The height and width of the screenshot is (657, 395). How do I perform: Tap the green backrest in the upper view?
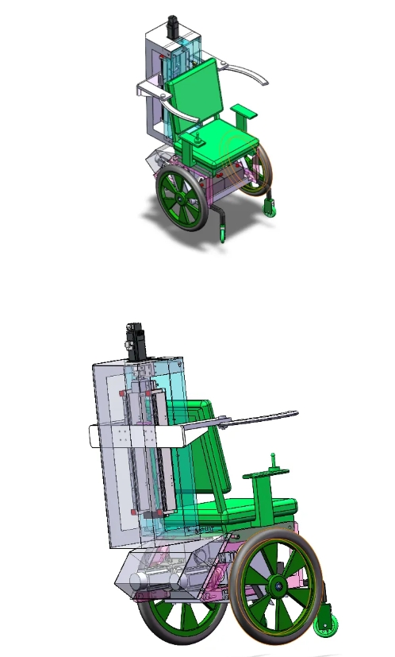tap(194, 95)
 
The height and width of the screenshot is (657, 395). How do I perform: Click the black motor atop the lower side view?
tap(134, 341)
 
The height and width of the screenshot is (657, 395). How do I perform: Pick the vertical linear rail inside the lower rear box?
tap(143, 453)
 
